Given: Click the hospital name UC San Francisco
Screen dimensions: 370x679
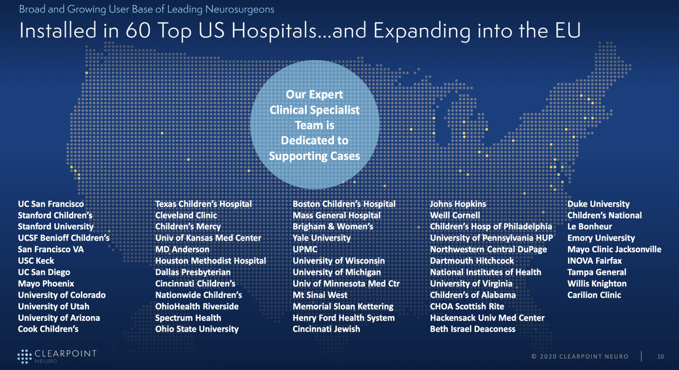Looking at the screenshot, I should pyautogui.click(x=51, y=204).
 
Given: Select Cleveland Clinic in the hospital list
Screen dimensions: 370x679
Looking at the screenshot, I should pyautogui.click(x=186, y=215).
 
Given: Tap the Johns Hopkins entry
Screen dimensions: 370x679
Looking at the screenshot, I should pyautogui.click(x=458, y=204).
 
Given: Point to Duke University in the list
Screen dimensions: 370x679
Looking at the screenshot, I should pyautogui.click(x=598, y=204).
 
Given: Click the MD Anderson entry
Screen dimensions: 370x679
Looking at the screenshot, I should pyautogui.click(x=182, y=249).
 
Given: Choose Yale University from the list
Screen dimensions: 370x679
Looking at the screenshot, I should pyautogui.click(x=321, y=238).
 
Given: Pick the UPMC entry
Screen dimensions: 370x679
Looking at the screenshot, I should pyautogui.click(x=305, y=249).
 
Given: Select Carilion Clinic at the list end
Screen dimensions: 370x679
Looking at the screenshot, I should pyautogui.click(x=594, y=295).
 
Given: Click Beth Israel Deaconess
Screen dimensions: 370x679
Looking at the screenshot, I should pyautogui.click(x=472, y=329).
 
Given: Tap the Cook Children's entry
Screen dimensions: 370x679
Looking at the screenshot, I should pyautogui.click(x=48, y=329).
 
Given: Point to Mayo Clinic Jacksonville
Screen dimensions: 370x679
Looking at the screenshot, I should pyautogui.click(x=614, y=249).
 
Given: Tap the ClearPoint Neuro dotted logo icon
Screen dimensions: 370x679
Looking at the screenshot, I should pyautogui.click(x=24, y=356).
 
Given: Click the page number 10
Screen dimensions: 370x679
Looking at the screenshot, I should pyautogui.click(x=660, y=356).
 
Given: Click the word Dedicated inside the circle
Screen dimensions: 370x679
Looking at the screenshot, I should pyautogui.click(x=315, y=140).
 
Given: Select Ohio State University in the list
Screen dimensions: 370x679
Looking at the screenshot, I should pyautogui.click(x=197, y=329).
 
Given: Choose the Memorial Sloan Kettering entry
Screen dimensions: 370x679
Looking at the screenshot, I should pyautogui.click(x=343, y=306).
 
